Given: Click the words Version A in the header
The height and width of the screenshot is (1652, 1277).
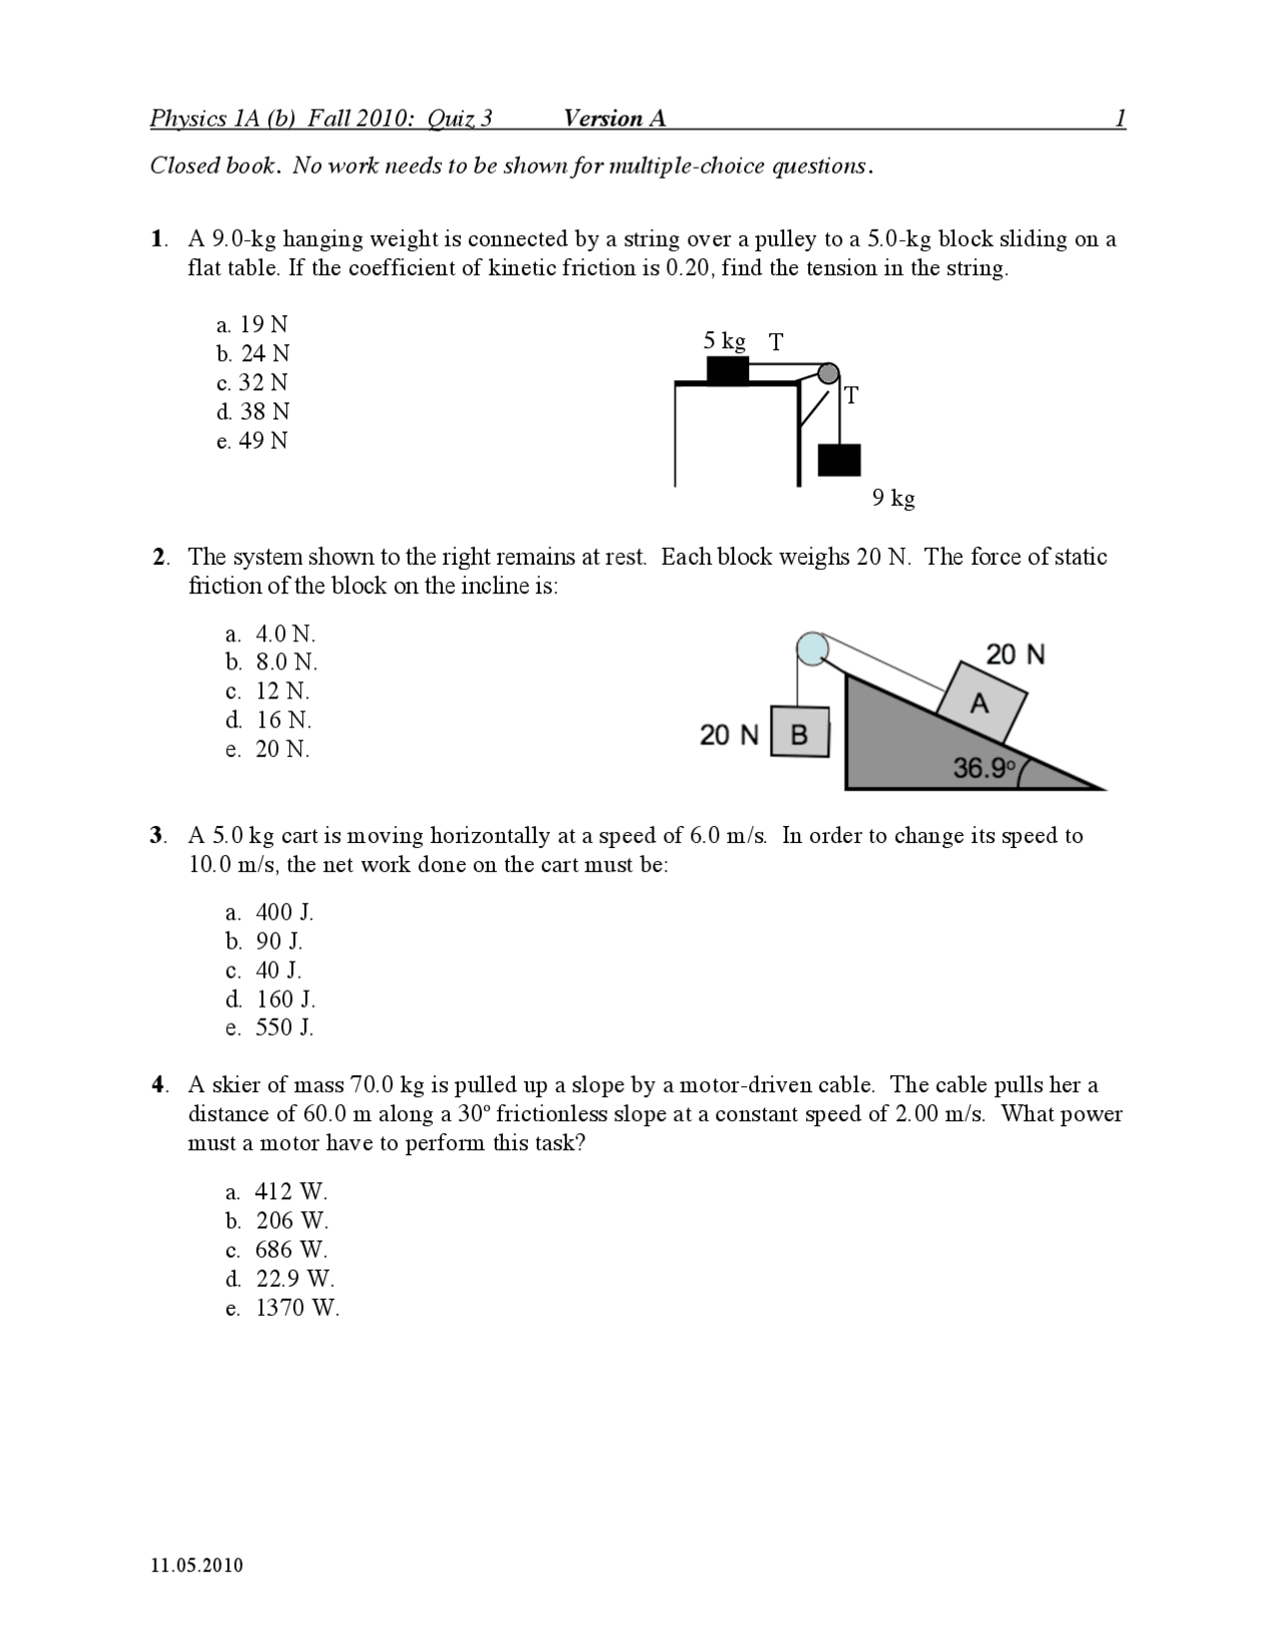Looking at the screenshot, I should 614,119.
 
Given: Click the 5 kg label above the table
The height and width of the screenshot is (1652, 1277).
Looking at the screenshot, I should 724,341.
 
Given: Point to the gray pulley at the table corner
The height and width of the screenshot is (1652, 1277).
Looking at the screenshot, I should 828,373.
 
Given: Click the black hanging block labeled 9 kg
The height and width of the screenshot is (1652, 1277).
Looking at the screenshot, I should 839,460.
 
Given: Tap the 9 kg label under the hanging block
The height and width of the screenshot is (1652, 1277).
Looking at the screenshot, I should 893,497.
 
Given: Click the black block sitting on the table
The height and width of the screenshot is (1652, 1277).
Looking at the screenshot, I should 727,369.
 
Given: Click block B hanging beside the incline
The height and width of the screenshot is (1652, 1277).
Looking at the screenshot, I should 800,734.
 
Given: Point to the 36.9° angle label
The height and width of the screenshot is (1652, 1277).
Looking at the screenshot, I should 984,768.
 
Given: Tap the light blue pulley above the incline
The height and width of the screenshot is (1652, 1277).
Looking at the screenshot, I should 812,647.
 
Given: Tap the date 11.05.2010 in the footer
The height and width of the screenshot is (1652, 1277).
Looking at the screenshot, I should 197,1564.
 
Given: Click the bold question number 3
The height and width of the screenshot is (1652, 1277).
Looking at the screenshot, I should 157,836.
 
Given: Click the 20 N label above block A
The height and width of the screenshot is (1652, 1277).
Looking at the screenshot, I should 1015,654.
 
